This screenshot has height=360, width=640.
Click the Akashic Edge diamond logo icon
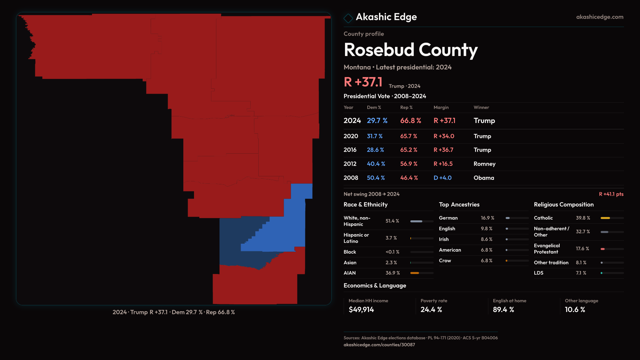[x=348, y=18]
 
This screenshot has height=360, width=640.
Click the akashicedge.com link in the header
[x=599, y=17]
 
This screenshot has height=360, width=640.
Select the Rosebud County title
[x=410, y=50]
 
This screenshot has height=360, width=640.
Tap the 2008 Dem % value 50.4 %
[x=376, y=178]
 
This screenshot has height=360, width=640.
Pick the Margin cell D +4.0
[x=442, y=178]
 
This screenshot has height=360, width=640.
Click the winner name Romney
[x=484, y=164]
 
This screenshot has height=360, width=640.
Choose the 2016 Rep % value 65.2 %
[x=409, y=150]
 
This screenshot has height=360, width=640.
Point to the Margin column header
[x=441, y=107]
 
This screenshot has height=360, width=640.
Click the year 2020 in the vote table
[x=351, y=136]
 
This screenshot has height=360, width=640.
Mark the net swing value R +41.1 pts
[x=611, y=194]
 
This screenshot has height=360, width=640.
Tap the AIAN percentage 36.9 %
[x=393, y=273]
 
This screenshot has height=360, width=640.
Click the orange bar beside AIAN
[x=415, y=273]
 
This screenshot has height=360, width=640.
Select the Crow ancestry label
[x=445, y=261]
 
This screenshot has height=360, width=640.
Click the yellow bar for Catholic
[x=605, y=218]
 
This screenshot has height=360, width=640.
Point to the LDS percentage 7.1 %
[x=581, y=273]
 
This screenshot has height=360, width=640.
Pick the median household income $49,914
[x=361, y=310]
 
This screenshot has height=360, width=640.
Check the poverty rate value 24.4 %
[x=431, y=310]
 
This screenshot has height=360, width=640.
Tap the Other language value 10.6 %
[x=575, y=310]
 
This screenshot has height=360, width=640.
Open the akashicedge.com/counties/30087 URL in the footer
[x=379, y=345]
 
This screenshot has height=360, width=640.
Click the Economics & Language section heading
[x=375, y=286]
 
